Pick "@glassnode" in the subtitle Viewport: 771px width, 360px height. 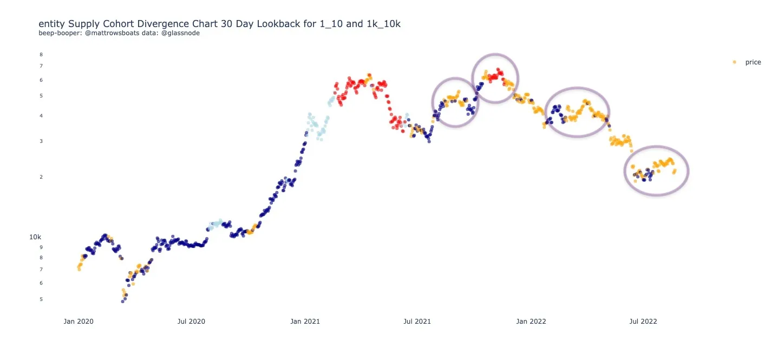pos(181,34)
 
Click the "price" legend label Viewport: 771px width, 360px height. pos(753,62)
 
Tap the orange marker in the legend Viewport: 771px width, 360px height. pos(735,62)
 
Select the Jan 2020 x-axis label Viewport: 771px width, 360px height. pos(79,322)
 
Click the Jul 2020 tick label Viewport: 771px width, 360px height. pos(191,322)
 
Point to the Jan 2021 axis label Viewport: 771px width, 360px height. pos(305,322)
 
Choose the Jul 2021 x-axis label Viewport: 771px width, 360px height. pos(417,322)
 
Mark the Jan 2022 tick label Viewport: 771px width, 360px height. pos(531,322)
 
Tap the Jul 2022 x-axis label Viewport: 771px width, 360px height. pos(643,322)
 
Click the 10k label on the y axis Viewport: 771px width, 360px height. pos(35,237)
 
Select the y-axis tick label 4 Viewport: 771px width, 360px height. pos(41,116)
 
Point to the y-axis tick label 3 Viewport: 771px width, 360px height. pos(41,141)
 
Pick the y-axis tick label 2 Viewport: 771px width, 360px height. pos(41,177)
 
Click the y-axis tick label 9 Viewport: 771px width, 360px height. pos(41,247)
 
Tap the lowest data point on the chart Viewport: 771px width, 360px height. pos(123,302)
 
